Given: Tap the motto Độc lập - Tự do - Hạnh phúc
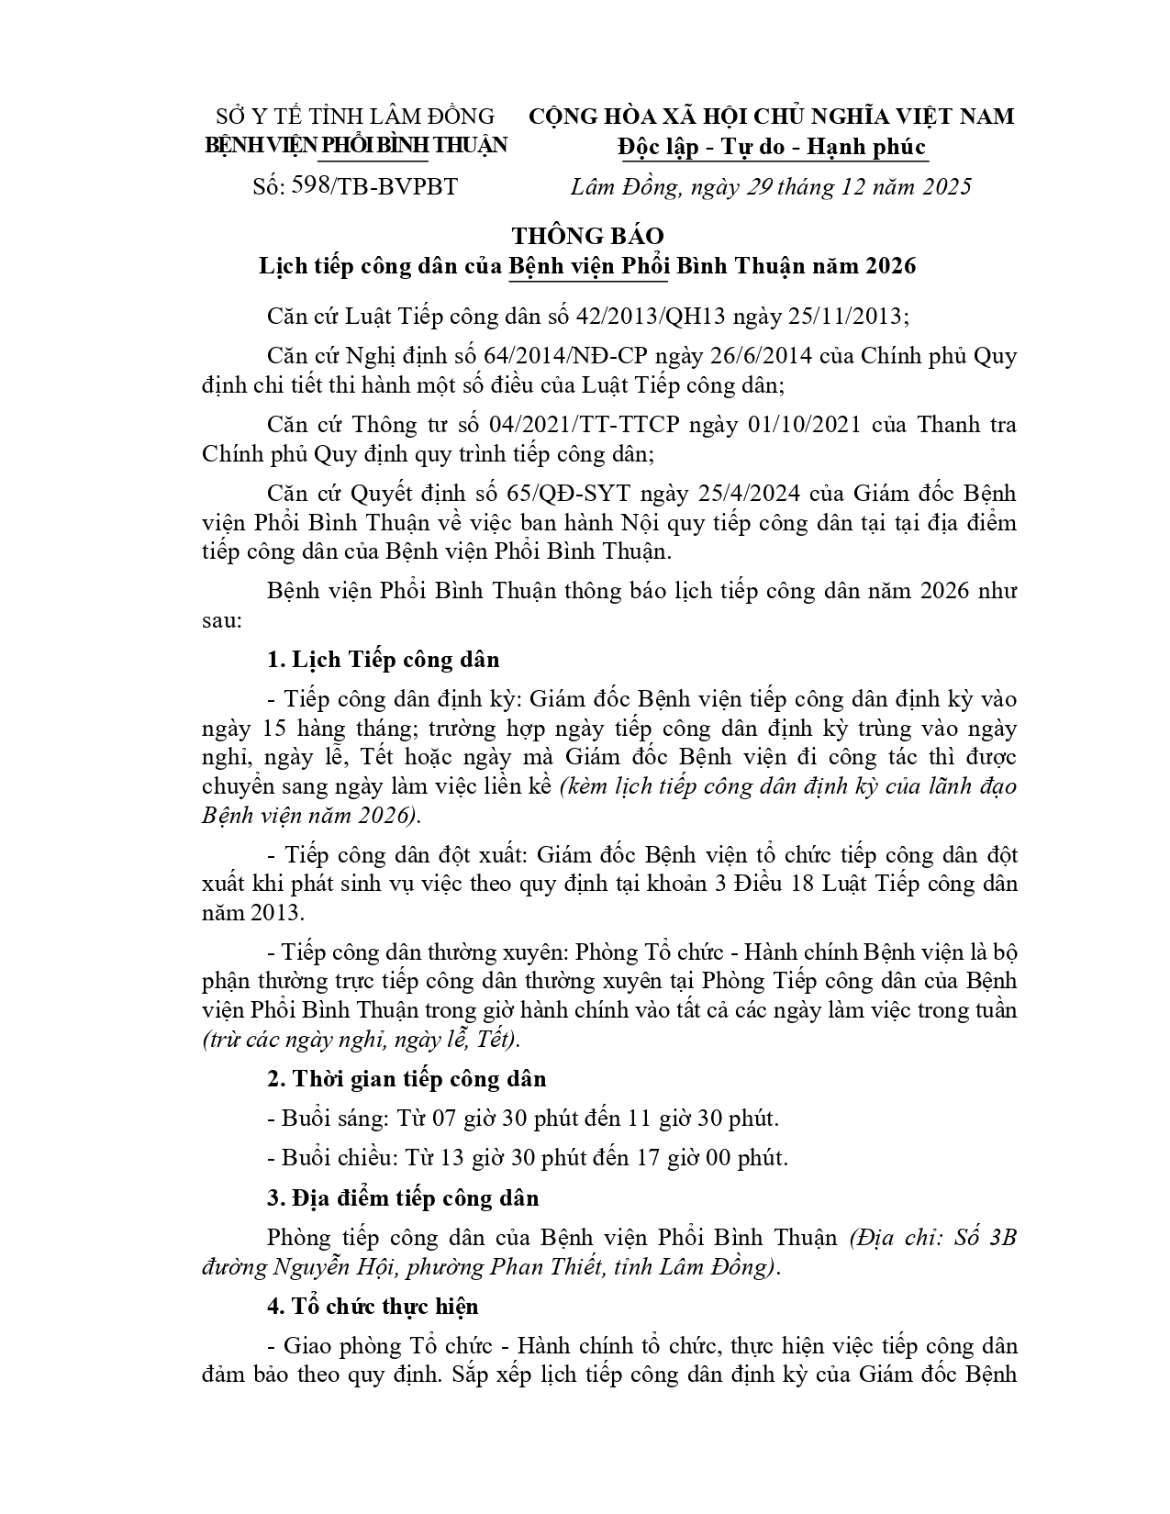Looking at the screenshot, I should pyautogui.click(x=772, y=147).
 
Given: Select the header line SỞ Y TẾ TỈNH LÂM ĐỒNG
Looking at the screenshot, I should pyautogui.click(x=355, y=117).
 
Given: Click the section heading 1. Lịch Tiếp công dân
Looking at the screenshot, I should pyautogui.click(x=384, y=660).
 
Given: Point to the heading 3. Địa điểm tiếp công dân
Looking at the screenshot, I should pyautogui.click(x=403, y=1198).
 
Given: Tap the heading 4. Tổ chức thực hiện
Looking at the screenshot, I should pyautogui.click(x=373, y=1306).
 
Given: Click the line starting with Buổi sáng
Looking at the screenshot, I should pyautogui.click(x=523, y=1119).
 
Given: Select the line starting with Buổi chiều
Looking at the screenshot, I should pyautogui.click(x=528, y=1158).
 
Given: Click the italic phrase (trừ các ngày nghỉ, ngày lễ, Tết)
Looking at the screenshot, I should pyautogui.click(x=362, y=1040).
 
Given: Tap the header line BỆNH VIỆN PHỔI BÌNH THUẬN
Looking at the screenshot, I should pyautogui.click(x=355, y=145).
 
